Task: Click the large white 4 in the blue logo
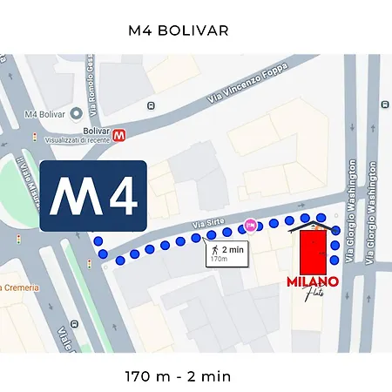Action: click(119, 198)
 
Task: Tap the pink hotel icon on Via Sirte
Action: click(250, 225)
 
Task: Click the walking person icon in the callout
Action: click(213, 250)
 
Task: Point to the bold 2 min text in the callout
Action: click(232, 248)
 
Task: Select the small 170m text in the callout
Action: click(226, 259)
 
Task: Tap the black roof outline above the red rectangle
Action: click(313, 226)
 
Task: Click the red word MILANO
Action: click(312, 283)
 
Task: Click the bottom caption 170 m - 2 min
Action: click(177, 377)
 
